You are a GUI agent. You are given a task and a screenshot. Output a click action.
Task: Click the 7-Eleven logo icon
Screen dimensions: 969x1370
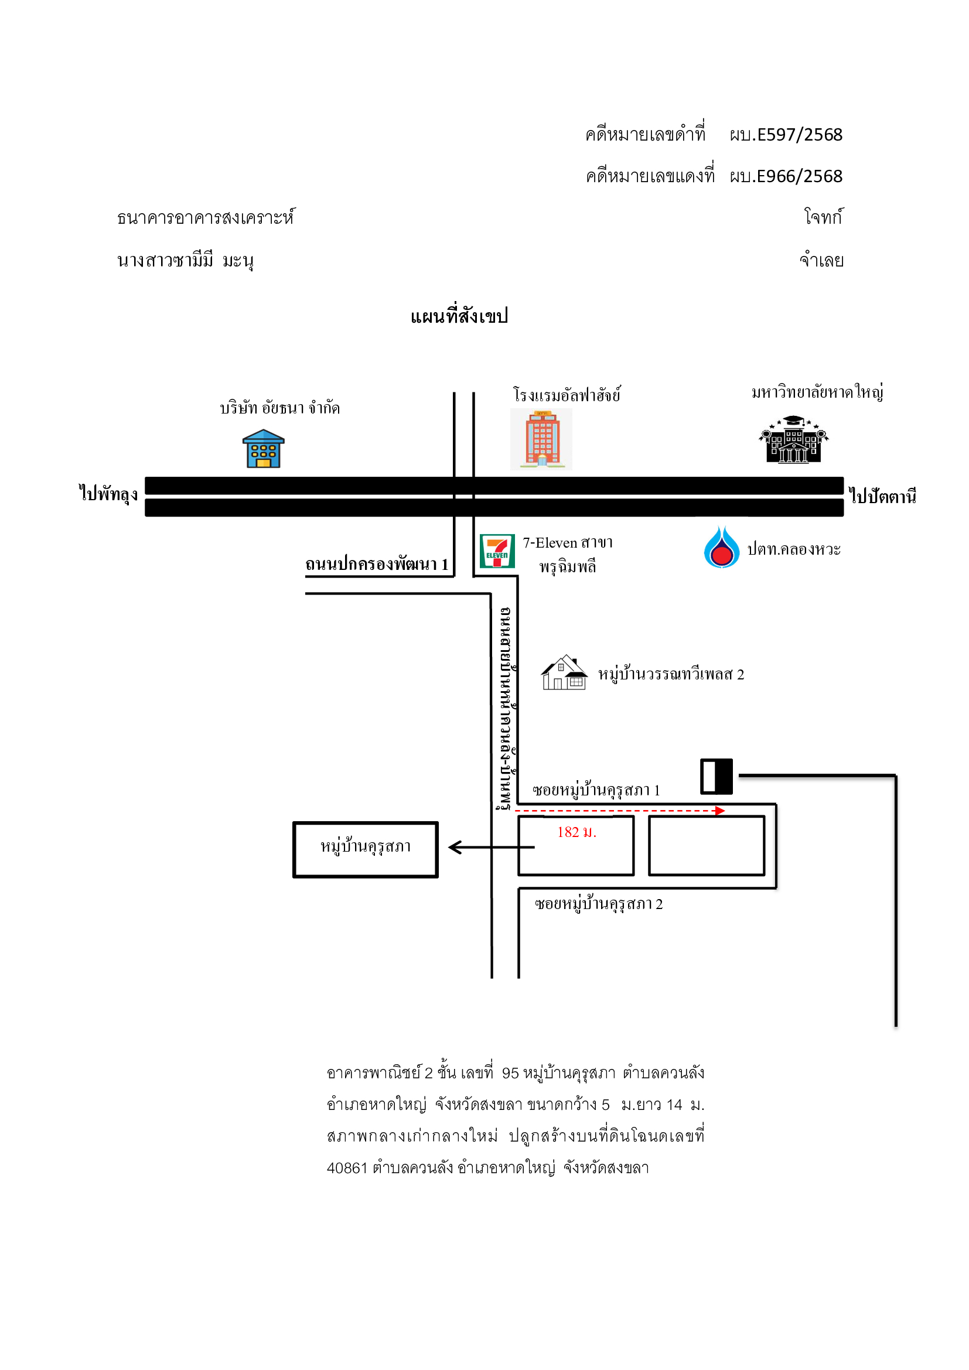(x=497, y=551)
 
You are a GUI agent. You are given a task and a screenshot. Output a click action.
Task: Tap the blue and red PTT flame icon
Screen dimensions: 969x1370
(x=721, y=546)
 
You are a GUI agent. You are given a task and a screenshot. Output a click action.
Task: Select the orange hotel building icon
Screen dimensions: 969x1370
(x=541, y=439)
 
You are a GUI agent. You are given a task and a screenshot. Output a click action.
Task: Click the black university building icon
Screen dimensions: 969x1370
(x=794, y=439)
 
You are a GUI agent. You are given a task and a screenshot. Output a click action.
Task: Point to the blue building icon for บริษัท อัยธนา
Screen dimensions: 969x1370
(x=263, y=449)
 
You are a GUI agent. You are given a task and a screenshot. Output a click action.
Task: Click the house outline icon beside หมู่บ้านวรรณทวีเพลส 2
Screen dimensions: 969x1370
(x=564, y=672)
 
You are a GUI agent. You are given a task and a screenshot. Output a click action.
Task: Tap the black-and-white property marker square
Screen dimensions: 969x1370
(x=716, y=776)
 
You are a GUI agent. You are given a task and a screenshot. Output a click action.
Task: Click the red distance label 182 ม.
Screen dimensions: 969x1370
(x=576, y=832)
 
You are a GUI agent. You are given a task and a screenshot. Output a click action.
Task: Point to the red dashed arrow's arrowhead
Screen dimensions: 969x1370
(x=720, y=810)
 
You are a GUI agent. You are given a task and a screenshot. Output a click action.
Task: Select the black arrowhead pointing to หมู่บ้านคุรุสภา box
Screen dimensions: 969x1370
(x=455, y=848)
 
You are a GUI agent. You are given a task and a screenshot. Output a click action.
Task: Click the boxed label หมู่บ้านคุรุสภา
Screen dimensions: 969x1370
(x=365, y=847)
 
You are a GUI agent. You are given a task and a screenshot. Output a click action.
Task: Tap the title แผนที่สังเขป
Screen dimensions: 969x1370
(x=459, y=316)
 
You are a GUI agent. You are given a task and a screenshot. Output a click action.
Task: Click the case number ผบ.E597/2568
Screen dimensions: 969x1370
(x=786, y=135)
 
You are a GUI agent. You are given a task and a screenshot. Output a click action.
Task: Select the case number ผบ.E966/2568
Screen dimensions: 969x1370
(x=786, y=177)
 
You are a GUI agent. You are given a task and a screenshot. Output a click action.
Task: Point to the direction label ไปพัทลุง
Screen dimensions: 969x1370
(x=108, y=493)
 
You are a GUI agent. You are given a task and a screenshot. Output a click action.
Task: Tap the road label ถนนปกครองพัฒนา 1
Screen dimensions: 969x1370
(x=377, y=564)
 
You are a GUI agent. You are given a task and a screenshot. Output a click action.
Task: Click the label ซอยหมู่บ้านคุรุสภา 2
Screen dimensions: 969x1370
(x=599, y=904)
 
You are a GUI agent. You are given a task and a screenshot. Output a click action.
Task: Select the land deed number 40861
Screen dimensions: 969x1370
(x=347, y=1168)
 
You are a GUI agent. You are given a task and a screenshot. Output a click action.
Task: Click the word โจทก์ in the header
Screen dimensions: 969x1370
(x=823, y=217)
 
